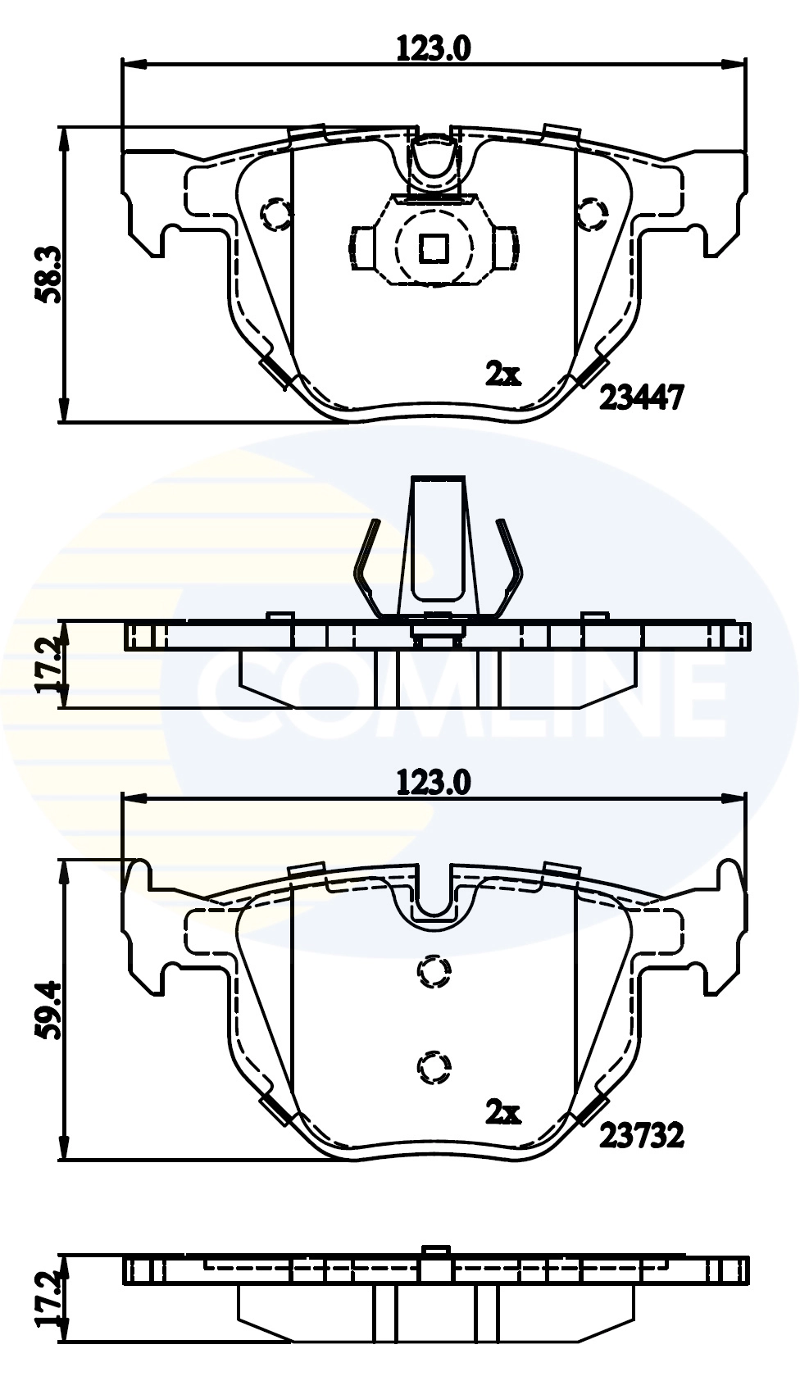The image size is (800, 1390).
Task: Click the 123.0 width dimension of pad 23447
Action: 434,49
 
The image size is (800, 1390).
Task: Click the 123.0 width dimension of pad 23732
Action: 434,783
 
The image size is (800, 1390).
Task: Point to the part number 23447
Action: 641,398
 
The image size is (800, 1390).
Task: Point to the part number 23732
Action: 641,1135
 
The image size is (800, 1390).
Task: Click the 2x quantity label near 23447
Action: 503,375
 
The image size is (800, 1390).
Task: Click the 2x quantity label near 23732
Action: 503,1112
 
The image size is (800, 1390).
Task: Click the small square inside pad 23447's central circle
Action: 434,247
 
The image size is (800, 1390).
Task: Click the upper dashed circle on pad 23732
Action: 434,972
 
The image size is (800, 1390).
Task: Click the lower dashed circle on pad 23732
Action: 434,1066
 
